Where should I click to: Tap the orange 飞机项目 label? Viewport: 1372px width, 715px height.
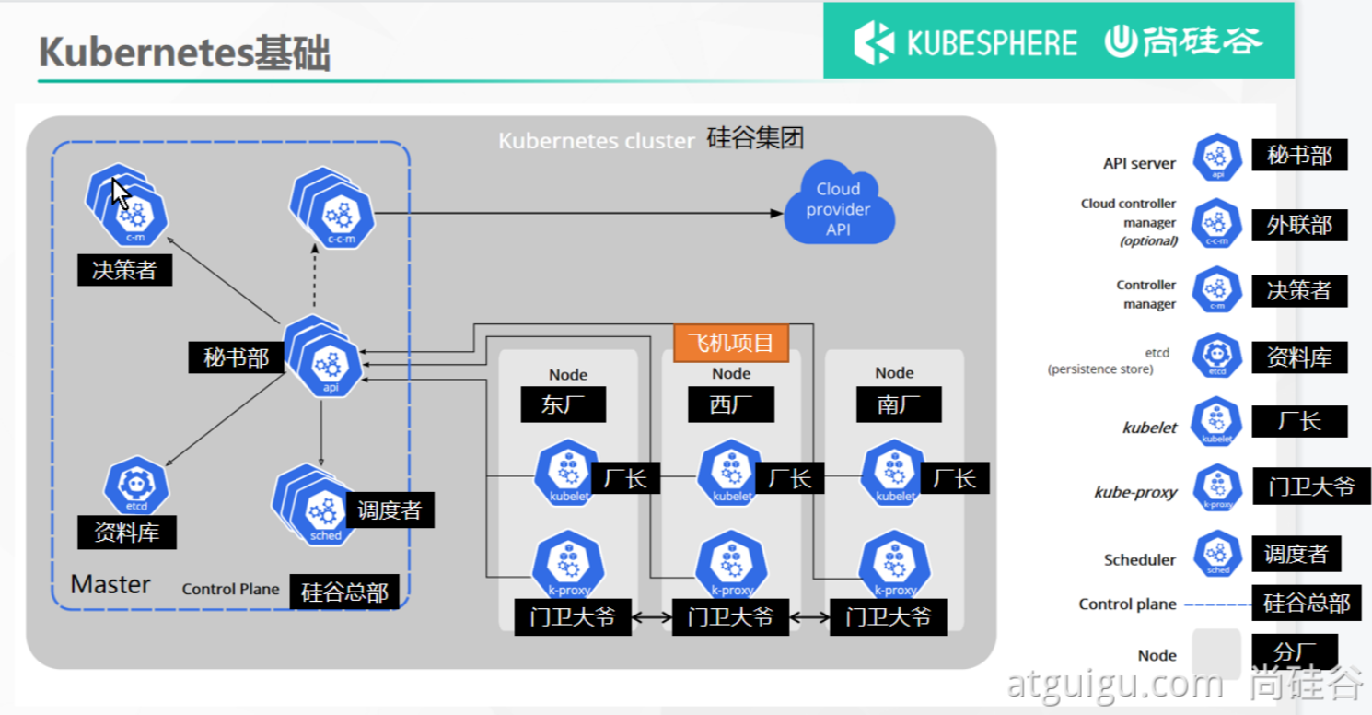tap(732, 343)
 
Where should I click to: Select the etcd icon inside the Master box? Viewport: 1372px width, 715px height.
tap(136, 486)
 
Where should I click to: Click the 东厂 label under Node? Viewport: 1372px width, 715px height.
tap(563, 404)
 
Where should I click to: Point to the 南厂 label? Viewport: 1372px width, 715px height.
tap(897, 404)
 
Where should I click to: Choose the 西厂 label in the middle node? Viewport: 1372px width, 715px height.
tap(731, 404)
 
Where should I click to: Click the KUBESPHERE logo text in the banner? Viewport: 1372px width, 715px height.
tap(991, 42)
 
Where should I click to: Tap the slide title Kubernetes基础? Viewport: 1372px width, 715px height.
tap(184, 53)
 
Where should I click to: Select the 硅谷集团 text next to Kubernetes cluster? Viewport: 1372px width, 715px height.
tap(755, 138)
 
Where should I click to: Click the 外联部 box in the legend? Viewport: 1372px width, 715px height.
tap(1298, 225)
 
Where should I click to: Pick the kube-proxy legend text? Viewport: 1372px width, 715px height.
tap(1135, 492)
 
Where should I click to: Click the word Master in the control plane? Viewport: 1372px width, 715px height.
tap(110, 584)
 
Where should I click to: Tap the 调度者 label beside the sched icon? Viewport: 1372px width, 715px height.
tap(390, 510)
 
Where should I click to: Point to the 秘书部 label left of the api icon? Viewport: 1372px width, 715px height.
tap(236, 357)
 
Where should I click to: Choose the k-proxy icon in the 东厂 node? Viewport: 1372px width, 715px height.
tap(568, 564)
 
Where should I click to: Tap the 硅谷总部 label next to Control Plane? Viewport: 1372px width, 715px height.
tap(344, 592)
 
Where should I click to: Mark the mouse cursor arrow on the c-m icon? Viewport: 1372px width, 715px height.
tap(120, 193)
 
